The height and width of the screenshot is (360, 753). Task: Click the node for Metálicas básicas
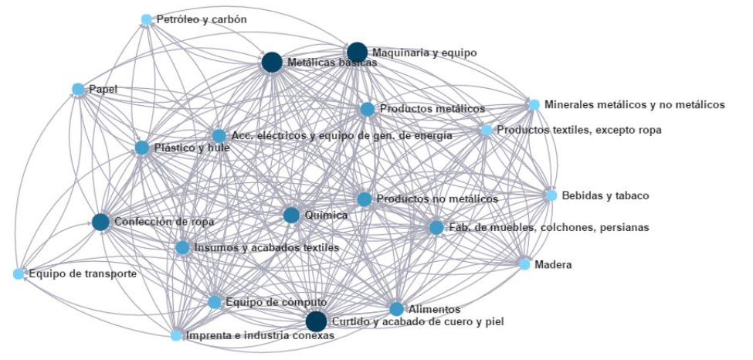click(x=271, y=62)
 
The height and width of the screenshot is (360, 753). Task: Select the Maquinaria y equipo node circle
click(x=357, y=53)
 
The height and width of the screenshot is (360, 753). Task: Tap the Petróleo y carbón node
click(x=147, y=19)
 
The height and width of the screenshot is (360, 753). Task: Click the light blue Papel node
click(x=78, y=89)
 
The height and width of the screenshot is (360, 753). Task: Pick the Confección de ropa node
click(x=100, y=222)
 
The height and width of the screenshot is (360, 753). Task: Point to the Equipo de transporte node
click(x=19, y=273)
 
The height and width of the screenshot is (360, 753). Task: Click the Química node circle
click(x=291, y=215)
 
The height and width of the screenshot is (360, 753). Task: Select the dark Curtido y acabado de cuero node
click(x=316, y=321)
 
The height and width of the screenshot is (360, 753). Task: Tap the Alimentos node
click(x=396, y=309)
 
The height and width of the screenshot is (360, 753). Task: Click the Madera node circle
click(x=525, y=264)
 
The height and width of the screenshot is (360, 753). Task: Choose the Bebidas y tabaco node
click(x=551, y=195)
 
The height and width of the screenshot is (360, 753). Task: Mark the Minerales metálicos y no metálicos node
click(x=534, y=104)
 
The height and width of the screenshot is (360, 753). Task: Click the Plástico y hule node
click(x=142, y=148)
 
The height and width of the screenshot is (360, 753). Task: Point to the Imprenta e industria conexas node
click(x=177, y=335)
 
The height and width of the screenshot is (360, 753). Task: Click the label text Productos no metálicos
click(x=437, y=199)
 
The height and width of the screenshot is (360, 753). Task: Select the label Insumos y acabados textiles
click(x=266, y=248)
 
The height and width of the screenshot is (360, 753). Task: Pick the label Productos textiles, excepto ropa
click(x=578, y=130)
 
